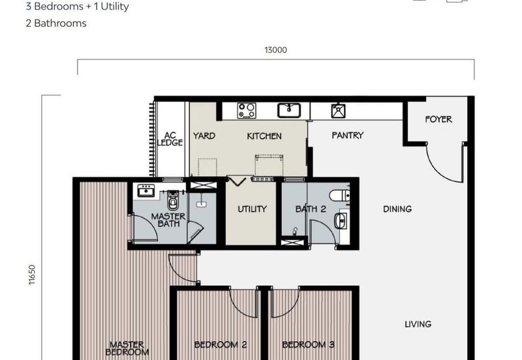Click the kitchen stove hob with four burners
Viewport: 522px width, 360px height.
click(x=247, y=110)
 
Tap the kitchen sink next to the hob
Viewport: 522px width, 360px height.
click(x=288, y=110)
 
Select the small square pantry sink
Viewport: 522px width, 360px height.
click(x=338, y=111)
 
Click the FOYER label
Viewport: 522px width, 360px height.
click(x=438, y=119)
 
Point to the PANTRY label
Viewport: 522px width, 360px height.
click(x=347, y=136)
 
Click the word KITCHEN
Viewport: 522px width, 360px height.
click(x=264, y=136)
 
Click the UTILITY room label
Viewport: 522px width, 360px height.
click(x=252, y=209)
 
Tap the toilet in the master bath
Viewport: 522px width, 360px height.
click(x=173, y=201)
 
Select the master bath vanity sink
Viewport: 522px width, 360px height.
click(x=145, y=191)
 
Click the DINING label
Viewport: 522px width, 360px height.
click(x=397, y=209)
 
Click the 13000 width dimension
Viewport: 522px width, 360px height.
click(x=275, y=50)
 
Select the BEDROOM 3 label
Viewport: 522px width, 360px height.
click(x=308, y=344)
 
